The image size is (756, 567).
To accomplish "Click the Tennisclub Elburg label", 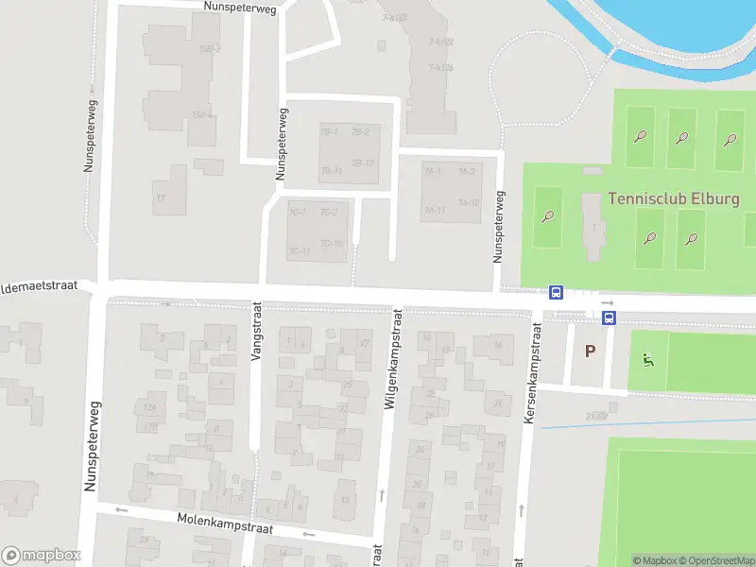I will click(x=674, y=198).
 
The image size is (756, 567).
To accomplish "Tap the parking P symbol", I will click(x=591, y=352).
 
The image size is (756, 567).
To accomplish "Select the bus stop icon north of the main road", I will click(x=557, y=293).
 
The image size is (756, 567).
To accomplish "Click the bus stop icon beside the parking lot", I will click(x=610, y=318).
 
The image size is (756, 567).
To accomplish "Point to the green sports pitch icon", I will click(x=647, y=360).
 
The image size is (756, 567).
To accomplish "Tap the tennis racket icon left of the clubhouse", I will click(x=548, y=216).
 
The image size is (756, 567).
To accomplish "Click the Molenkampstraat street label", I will click(x=225, y=523).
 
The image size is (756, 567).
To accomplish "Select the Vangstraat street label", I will click(x=255, y=333).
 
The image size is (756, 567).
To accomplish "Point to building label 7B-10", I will click(x=363, y=163).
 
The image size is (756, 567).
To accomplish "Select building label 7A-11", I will click(x=435, y=210).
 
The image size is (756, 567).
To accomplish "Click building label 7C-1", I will click(x=298, y=212).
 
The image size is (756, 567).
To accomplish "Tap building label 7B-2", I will click(x=359, y=131).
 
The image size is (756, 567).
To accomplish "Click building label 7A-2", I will click(x=466, y=171).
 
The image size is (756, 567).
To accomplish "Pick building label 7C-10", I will click(x=331, y=243).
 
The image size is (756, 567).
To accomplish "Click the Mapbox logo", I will click(x=41, y=555).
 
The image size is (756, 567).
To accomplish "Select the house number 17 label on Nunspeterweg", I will click(x=161, y=198).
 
